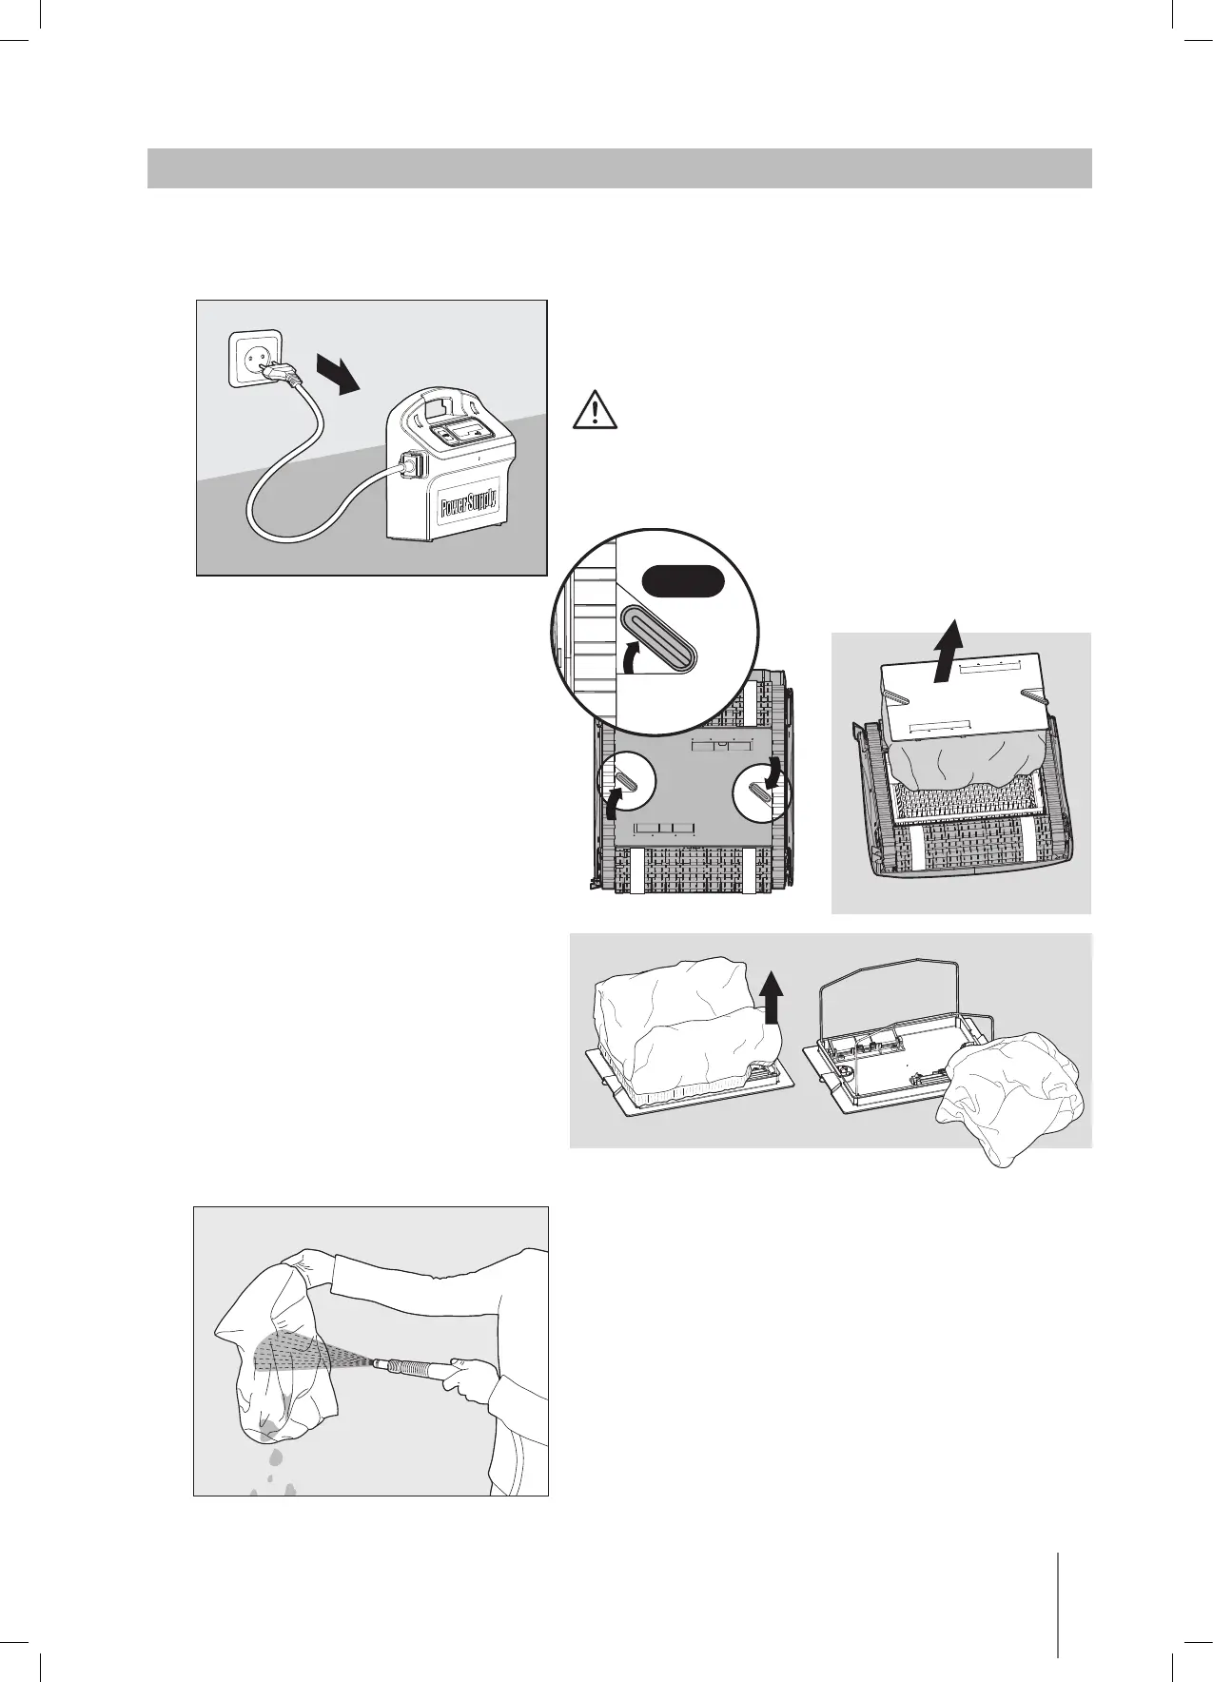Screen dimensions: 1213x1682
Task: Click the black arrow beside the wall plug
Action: [338, 374]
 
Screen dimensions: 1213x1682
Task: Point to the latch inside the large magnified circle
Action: [658, 639]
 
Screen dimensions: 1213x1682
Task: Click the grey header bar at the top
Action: [618, 168]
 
